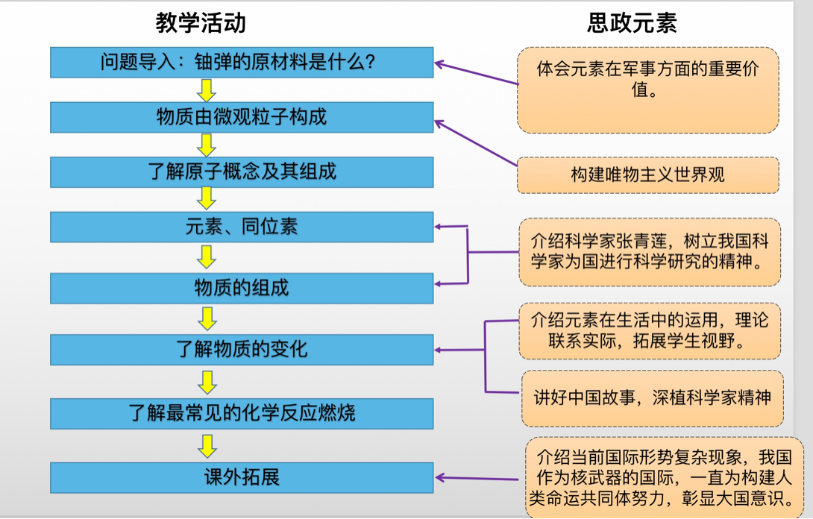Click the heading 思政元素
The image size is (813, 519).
(646, 23)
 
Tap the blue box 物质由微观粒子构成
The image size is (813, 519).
(241, 117)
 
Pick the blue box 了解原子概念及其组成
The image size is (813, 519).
(241, 171)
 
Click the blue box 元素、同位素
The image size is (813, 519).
(241, 227)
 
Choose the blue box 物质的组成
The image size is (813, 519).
(241, 288)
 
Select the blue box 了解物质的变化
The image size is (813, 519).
(241, 349)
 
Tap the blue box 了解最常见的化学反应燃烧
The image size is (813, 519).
(241, 411)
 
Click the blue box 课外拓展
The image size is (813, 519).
(241, 476)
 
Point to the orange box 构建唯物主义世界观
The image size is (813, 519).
(648, 175)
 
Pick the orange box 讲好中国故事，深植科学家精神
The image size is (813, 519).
(652, 395)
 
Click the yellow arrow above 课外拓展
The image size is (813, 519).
(208, 445)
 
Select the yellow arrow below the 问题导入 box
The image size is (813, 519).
(208, 90)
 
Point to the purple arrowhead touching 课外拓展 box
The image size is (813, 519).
(441, 478)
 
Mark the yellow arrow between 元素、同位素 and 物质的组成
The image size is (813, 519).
(208, 257)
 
